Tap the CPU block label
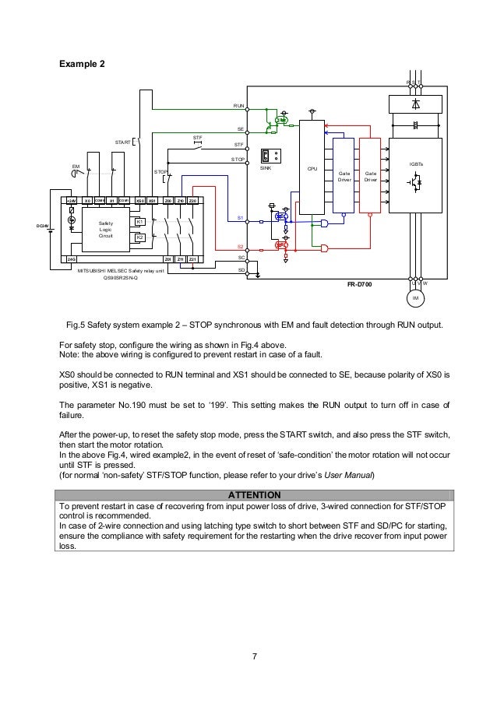pos(311,167)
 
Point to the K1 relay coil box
pos(139,222)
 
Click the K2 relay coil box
pos(139,237)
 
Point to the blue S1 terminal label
pos(241,218)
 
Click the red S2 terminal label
pos(241,246)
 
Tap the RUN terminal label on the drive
pos(238,104)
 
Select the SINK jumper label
pos(265,167)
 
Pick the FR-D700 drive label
pos(360,285)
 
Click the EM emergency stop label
pos(76,166)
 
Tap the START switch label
pos(123,142)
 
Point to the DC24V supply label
pos(42,227)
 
